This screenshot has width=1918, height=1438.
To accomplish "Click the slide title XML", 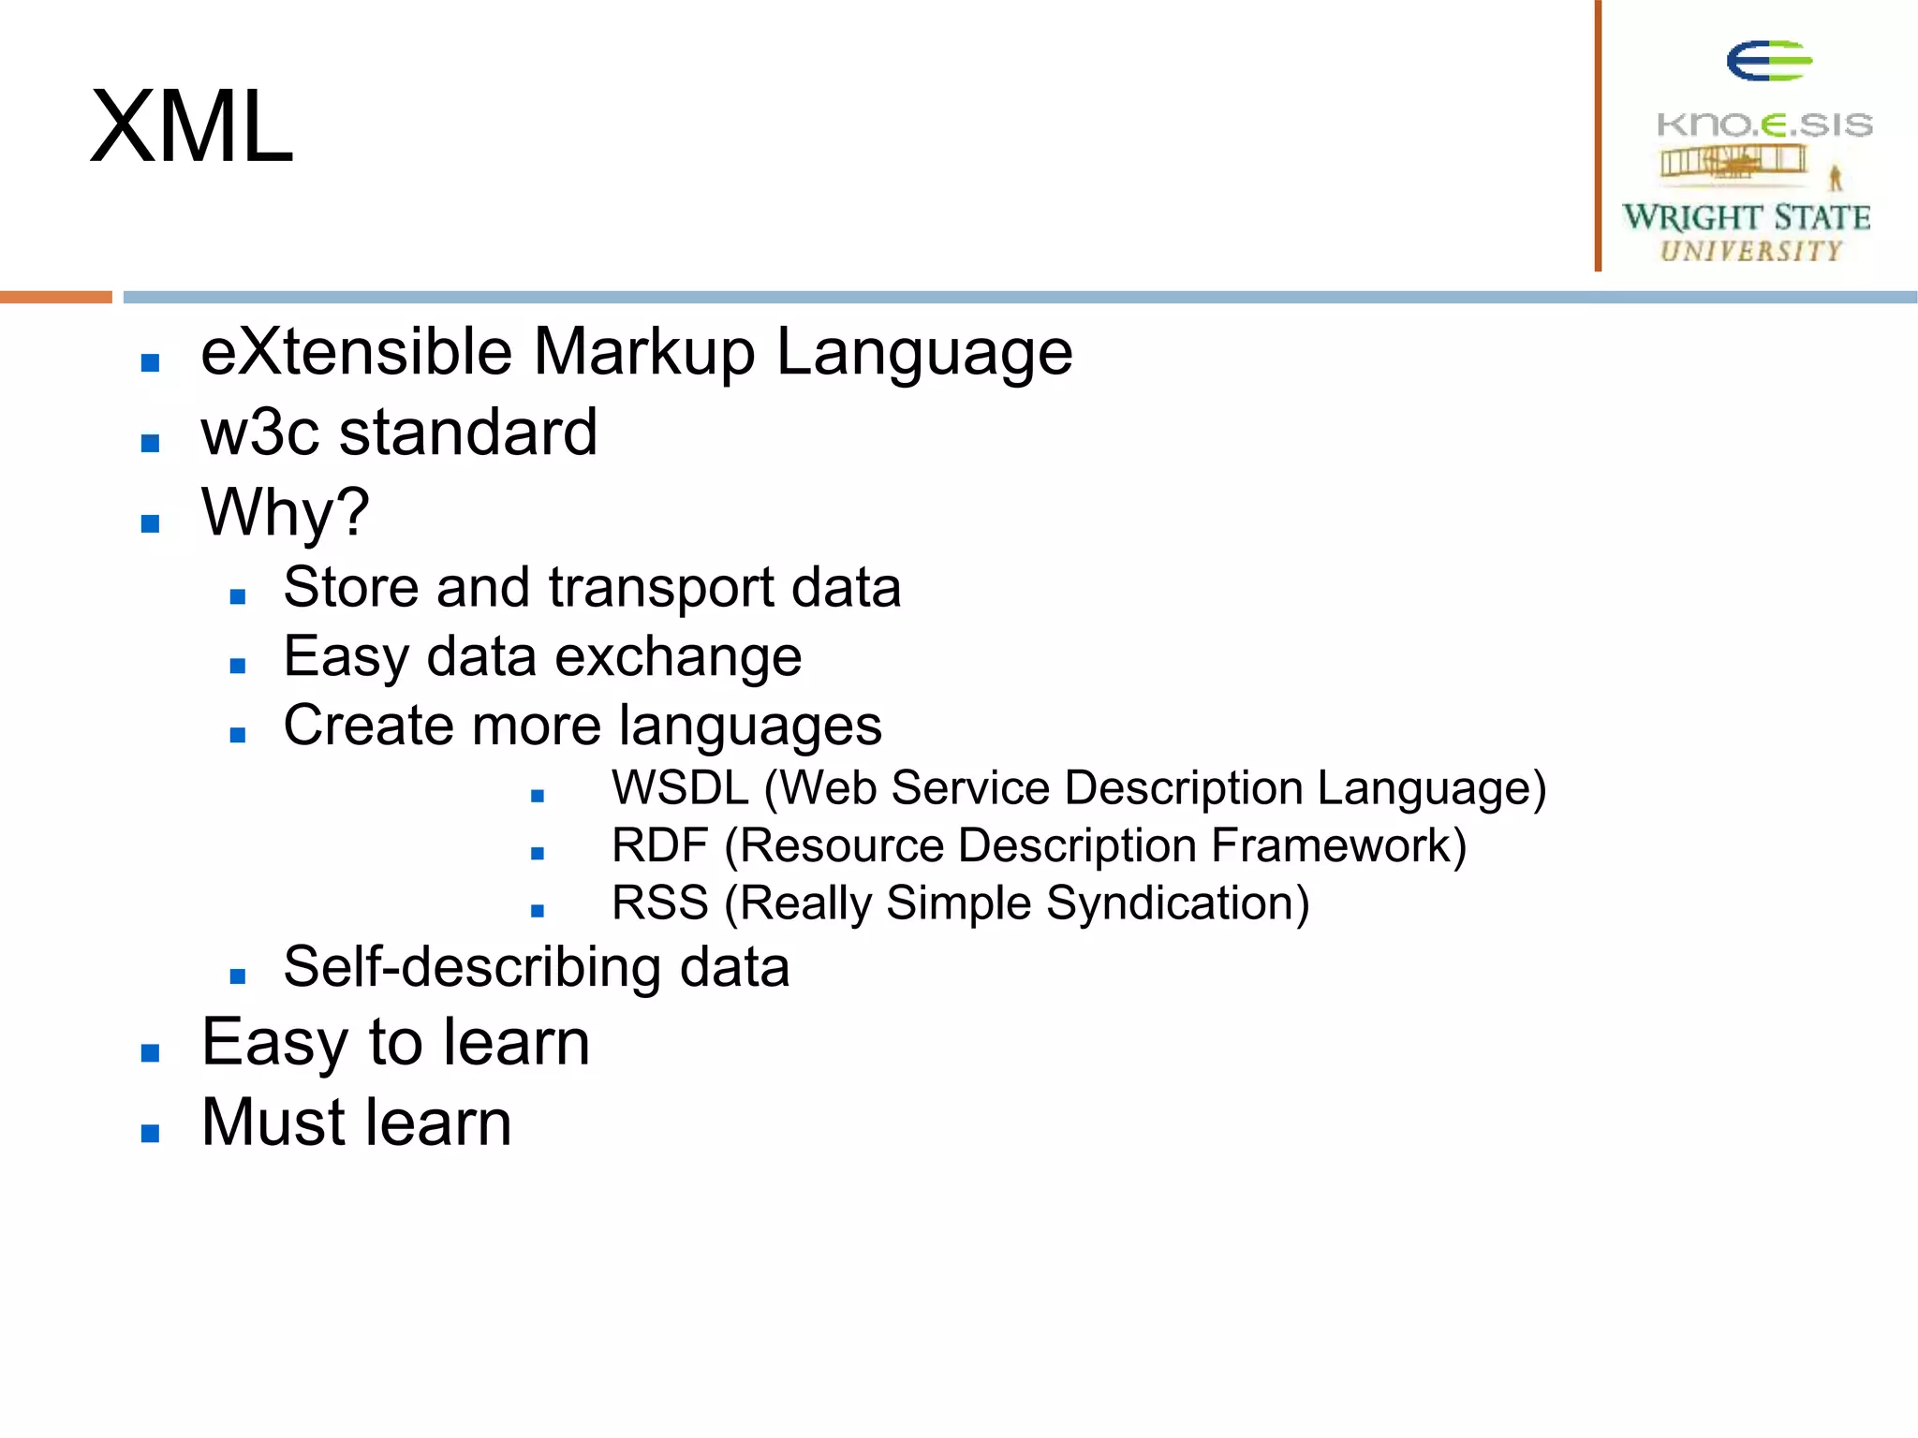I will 192,127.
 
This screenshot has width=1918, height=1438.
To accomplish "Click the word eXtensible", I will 356,352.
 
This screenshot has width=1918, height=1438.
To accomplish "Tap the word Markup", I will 643,352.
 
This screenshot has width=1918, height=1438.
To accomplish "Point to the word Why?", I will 286,513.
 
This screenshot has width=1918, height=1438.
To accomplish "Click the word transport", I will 661,588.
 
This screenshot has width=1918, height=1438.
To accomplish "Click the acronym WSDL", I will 680,788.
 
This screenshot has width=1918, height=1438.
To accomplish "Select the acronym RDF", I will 659,845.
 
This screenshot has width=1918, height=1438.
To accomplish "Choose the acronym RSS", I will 659,903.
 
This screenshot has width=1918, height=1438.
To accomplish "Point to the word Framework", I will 1337,845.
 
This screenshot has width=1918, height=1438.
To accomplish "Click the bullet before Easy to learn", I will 150,1053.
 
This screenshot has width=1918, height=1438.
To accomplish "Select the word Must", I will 273,1123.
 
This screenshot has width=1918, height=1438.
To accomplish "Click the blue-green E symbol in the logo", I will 1768,62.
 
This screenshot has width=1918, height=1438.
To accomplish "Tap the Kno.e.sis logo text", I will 1764,125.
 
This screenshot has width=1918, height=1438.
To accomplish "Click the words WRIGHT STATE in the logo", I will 1747,217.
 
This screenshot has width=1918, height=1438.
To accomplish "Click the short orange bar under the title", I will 55,297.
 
